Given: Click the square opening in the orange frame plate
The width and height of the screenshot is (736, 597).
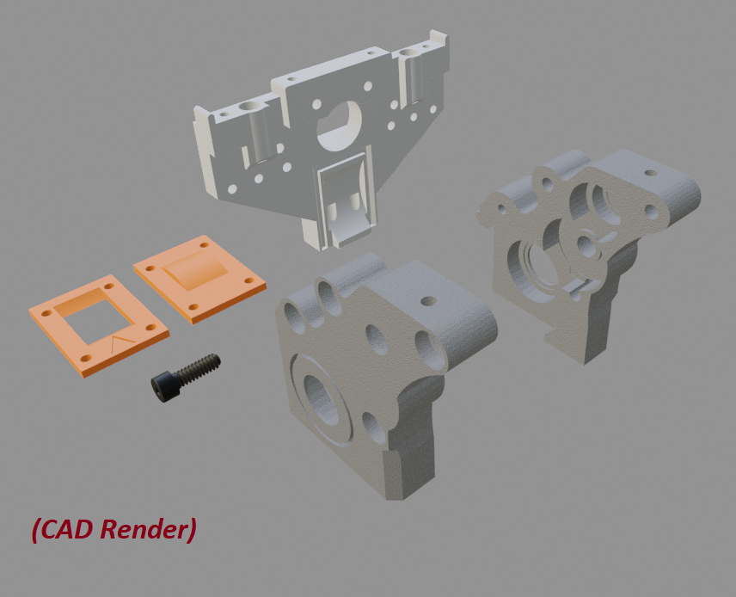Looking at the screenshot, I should (93, 316).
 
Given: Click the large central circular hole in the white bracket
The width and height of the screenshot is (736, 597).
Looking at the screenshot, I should (340, 125).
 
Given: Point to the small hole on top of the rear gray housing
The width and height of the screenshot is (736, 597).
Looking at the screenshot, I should (651, 173).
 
